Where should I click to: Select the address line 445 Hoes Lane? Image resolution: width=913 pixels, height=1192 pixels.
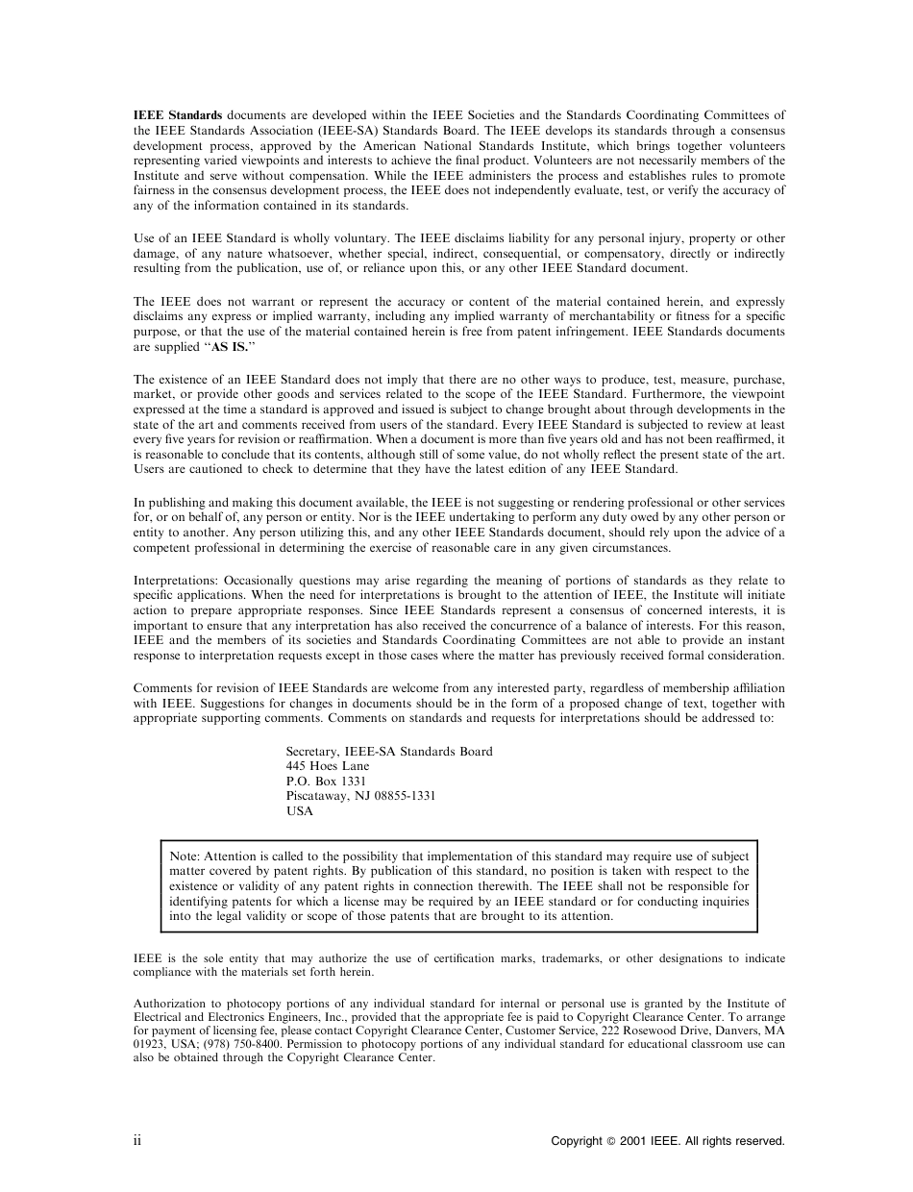pyautogui.click(x=327, y=766)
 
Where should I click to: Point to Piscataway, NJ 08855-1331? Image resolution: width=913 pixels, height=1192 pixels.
pyautogui.click(x=360, y=796)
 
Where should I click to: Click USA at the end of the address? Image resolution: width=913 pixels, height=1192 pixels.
pyautogui.click(x=299, y=810)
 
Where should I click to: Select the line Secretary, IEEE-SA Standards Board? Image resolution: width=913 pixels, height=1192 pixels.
pyautogui.click(x=389, y=752)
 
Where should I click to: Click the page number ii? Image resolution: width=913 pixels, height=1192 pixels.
pyautogui.click(x=137, y=1140)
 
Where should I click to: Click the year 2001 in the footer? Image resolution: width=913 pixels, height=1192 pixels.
pyautogui.click(x=632, y=1141)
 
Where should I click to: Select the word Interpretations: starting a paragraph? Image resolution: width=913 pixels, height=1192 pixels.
pyautogui.click(x=176, y=581)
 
